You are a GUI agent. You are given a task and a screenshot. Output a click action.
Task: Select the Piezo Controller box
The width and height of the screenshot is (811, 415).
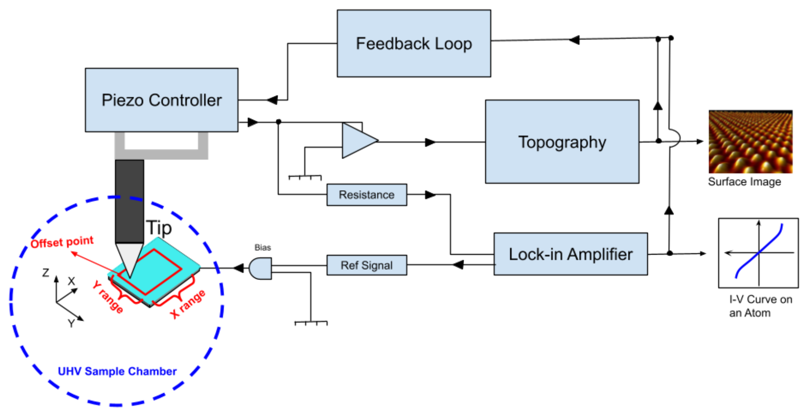(162, 100)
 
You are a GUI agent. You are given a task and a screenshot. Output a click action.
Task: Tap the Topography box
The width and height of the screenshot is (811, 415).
(562, 141)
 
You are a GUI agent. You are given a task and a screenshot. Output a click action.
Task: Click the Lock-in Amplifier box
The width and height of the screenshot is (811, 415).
(570, 254)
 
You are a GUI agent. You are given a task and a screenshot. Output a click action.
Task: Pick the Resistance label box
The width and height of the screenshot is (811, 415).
(366, 195)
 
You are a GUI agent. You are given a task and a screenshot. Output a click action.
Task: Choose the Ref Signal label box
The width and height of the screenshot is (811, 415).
(366, 265)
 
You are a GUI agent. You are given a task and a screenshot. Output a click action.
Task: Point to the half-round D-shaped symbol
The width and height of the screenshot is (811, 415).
(261, 269)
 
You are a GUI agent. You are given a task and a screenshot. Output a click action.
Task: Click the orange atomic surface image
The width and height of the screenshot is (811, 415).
(750, 143)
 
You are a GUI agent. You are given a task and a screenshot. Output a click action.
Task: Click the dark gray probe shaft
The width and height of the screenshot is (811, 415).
(129, 200)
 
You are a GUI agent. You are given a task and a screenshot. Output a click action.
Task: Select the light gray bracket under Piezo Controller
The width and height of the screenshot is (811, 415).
(161, 154)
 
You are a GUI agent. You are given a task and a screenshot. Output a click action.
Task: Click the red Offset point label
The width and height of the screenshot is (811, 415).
(62, 242)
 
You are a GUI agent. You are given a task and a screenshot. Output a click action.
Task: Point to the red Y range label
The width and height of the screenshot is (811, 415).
(108, 297)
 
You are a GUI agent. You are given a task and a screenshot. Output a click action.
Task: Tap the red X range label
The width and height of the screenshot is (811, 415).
(188, 304)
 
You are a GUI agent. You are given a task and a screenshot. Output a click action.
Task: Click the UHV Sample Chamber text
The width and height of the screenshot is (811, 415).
(117, 371)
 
